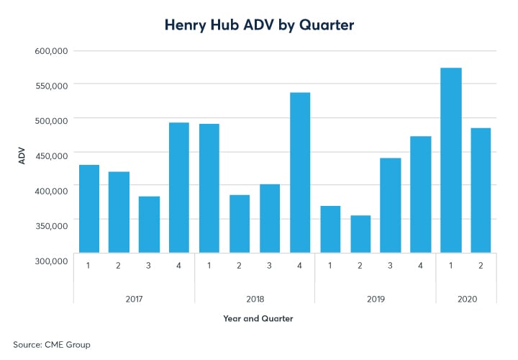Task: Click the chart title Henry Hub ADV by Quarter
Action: (x=258, y=24)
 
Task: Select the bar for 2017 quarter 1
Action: (x=89, y=209)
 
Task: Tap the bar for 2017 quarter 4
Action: (x=178, y=187)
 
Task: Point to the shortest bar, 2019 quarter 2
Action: (x=360, y=234)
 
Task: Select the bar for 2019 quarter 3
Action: (x=391, y=205)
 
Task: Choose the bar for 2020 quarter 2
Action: (x=481, y=190)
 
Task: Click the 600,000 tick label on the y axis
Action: (x=51, y=51)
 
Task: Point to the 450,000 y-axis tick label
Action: (x=51, y=156)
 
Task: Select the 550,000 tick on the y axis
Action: (x=51, y=86)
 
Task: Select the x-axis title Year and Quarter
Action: (x=258, y=318)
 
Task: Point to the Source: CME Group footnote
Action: (x=52, y=345)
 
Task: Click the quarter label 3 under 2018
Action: (x=270, y=264)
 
